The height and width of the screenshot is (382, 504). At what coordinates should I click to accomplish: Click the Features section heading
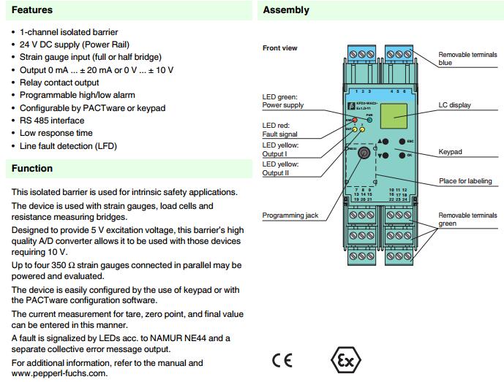(x=32, y=11)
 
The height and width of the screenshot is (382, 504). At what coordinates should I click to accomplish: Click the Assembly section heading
(x=286, y=11)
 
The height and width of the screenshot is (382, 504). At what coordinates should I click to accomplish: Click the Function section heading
(x=32, y=169)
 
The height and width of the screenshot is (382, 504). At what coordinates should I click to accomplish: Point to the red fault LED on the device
(x=355, y=120)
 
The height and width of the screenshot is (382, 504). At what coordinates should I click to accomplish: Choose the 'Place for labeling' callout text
(x=464, y=180)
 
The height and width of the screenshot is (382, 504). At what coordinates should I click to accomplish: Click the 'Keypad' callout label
(x=451, y=152)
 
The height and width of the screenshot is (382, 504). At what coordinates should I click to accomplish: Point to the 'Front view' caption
(x=279, y=48)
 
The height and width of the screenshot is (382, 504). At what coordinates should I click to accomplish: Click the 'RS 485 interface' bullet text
(x=52, y=121)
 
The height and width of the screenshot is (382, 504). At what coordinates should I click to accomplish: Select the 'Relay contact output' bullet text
(x=59, y=83)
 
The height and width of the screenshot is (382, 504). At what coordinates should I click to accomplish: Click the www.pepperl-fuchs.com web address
(x=59, y=373)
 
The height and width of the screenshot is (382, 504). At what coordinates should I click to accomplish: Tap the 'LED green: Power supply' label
(x=282, y=101)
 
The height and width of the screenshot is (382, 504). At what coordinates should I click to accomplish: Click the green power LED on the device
(x=370, y=120)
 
